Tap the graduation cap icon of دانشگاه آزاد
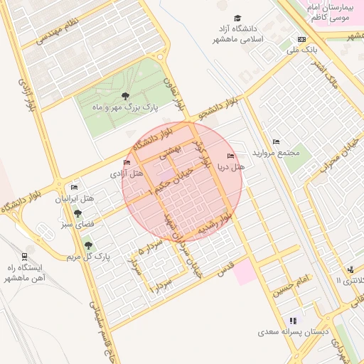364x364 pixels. [x=237, y=18]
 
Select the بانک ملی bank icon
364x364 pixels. [x=302, y=39]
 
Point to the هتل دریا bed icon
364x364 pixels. [x=230, y=156]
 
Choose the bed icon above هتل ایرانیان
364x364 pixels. [x=74, y=187]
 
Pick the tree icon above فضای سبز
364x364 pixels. [x=77, y=212]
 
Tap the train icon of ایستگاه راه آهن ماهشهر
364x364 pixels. [x=25, y=256]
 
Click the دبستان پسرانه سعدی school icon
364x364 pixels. [x=294, y=321]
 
